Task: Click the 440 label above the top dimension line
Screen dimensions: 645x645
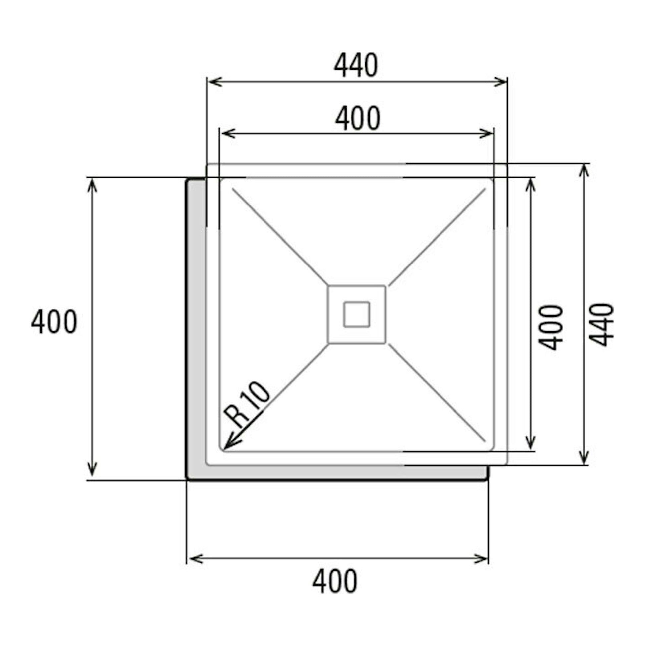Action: (x=356, y=65)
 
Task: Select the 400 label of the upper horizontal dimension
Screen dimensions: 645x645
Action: (x=358, y=119)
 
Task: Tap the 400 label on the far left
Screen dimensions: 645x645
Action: (x=54, y=322)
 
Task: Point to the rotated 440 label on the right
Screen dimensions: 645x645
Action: (x=601, y=325)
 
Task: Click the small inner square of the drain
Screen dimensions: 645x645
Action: (x=357, y=315)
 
